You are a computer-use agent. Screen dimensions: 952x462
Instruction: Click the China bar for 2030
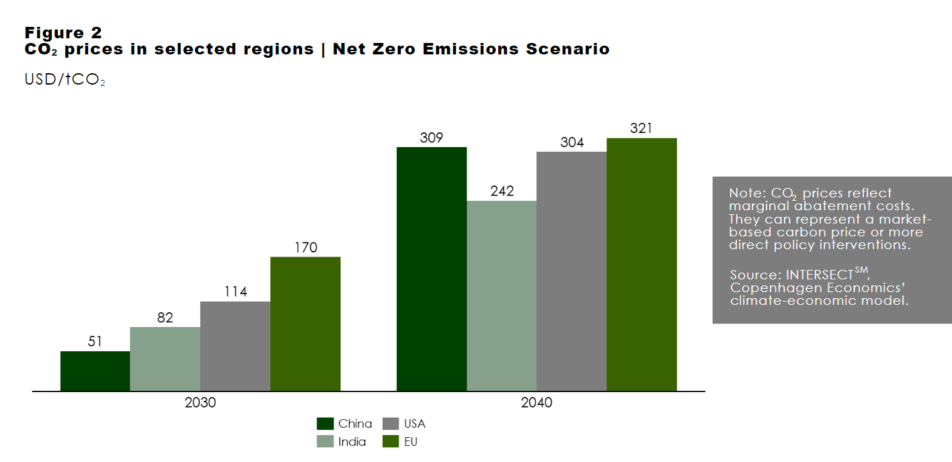coord(95,371)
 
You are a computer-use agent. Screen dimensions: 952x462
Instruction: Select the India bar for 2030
coord(165,359)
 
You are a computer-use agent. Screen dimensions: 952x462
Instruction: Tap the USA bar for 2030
coord(235,346)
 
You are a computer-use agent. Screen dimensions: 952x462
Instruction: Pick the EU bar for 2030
coord(306,324)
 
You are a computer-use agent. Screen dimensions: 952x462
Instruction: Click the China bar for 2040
coord(432,269)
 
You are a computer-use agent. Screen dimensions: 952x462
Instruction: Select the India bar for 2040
coord(502,296)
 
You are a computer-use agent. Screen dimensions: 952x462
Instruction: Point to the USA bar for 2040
coord(571,271)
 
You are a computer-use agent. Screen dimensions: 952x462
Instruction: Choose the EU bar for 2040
coord(642,265)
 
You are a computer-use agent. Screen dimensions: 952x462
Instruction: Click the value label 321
coord(641,128)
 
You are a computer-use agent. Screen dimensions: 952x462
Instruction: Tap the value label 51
coord(95,341)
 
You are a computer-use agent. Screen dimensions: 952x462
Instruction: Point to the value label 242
coord(502,191)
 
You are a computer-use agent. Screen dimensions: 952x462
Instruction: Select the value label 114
coord(235,291)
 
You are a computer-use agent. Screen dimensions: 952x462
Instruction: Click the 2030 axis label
coord(200,402)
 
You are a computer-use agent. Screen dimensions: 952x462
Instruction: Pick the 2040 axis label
coord(537,402)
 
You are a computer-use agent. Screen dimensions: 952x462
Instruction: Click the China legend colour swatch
coord(325,424)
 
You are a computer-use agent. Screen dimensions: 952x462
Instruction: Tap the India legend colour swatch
coord(325,442)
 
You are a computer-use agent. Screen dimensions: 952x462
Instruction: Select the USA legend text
coord(414,424)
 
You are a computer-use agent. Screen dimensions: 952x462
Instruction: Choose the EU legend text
coord(411,442)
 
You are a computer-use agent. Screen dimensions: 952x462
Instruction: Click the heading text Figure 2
coord(63,33)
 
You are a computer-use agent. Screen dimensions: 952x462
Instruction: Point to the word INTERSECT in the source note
coord(820,275)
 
